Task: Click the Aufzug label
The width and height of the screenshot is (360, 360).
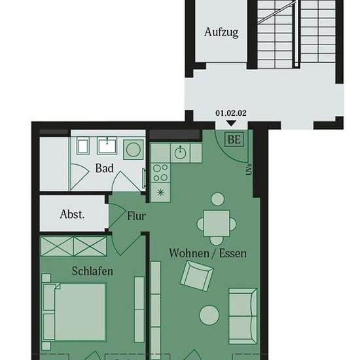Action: (221, 32)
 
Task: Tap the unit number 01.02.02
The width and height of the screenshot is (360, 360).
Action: (231, 113)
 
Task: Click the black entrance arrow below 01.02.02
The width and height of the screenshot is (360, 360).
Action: (231, 123)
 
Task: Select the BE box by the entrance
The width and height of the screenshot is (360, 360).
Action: (234, 139)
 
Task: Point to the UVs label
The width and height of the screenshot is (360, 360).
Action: (249, 170)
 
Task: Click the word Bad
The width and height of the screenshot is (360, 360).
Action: (105, 168)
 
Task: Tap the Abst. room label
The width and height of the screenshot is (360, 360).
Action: (72, 214)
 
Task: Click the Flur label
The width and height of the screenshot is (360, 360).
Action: (136, 216)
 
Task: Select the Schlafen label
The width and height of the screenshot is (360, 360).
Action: (92, 271)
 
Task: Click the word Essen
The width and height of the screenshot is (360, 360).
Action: (233, 253)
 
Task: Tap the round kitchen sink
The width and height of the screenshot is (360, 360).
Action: (180, 153)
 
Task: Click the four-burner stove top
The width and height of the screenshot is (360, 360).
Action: (160, 173)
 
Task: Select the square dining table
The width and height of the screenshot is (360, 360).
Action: (216, 223)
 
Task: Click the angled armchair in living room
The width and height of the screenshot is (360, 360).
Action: (197, 276)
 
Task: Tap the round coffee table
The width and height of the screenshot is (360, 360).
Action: (209, 315)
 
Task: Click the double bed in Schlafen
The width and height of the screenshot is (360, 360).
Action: (75, 312)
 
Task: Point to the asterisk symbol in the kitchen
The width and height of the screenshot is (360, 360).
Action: (161, 192)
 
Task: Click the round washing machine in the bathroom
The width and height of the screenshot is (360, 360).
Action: (134, 149)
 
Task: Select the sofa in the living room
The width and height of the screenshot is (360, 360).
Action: (243, 316)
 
